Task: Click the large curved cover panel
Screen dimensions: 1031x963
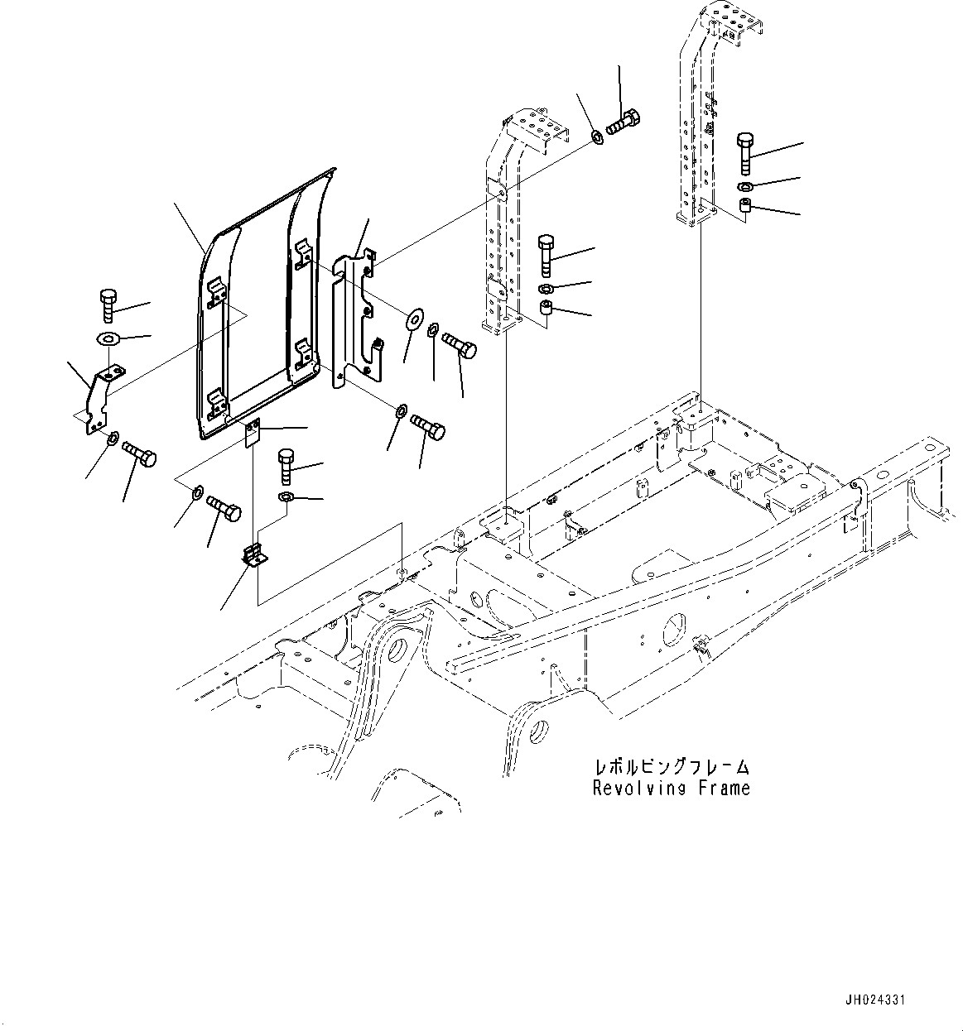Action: pos(257,306)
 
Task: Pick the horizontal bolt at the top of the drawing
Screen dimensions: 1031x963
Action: pos(623,122)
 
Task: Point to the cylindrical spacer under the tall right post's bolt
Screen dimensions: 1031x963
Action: pos(744,206)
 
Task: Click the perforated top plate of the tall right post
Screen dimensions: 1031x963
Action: pos(725,21)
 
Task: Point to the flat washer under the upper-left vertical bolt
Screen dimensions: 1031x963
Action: pos(108,338)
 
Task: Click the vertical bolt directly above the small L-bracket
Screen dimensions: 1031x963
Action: pos(285,466)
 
